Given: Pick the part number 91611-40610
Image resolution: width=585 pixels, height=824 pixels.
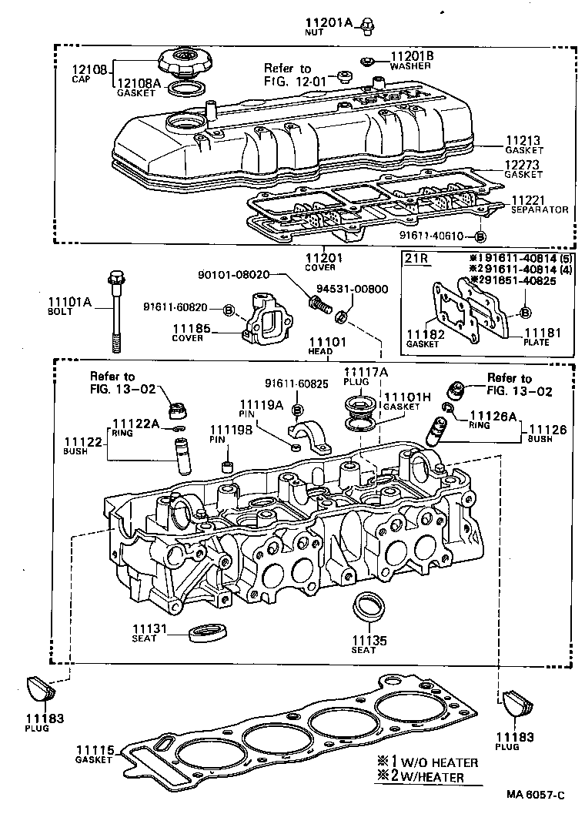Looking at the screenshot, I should [433, 236].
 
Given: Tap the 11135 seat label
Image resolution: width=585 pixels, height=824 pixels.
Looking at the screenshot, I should [364, 639].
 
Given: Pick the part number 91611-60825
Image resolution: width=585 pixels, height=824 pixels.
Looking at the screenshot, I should [296, 383].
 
